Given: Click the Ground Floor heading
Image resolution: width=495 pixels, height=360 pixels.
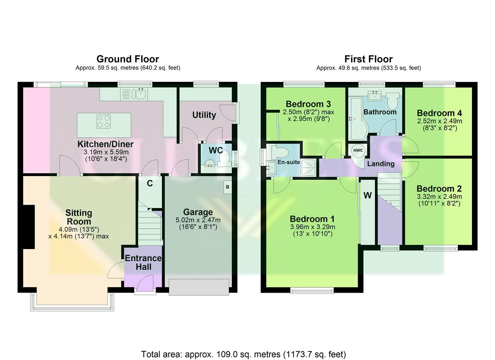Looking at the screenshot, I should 128,59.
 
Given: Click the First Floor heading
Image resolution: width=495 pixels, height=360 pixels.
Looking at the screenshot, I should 368,59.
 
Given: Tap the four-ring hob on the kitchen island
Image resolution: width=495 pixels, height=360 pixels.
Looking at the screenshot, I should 103,121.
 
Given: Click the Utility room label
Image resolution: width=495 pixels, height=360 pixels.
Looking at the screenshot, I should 204,115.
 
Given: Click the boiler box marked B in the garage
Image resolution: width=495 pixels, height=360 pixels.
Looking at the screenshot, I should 228,187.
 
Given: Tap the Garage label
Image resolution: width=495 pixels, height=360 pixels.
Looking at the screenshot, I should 198,212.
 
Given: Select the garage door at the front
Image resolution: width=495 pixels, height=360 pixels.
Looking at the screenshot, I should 199,287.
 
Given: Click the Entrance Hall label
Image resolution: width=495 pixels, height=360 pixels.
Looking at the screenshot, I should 143,262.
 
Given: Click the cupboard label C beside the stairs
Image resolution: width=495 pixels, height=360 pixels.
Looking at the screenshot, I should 150,183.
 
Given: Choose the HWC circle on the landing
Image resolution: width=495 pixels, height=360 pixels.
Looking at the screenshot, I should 358,151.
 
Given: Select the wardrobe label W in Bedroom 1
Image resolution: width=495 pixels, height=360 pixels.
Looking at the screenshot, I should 368,195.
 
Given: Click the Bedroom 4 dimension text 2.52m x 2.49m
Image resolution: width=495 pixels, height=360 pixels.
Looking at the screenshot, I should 440,121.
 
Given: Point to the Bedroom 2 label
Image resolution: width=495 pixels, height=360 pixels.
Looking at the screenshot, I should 439,188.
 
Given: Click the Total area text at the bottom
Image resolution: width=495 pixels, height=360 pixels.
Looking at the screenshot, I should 243,354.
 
